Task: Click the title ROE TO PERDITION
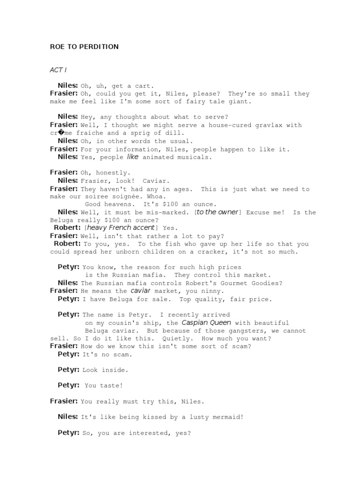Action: [x=84, y=46]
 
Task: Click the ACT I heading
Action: [x=59, y=70]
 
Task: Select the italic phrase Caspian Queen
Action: [x=206, y=322]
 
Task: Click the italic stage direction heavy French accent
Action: [x=121, y=227]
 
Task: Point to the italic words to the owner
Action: [x=217, y=212]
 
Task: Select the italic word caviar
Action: [x=140, y=291]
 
